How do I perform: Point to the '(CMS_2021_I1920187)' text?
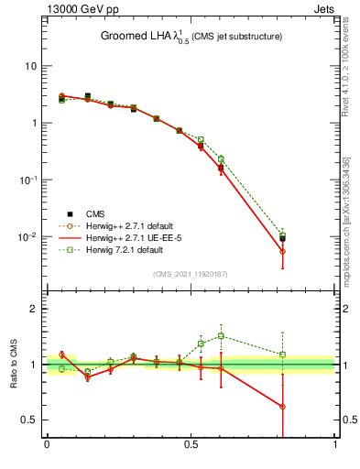tap(191, 274)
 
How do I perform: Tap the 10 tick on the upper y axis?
tap(31, 66)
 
